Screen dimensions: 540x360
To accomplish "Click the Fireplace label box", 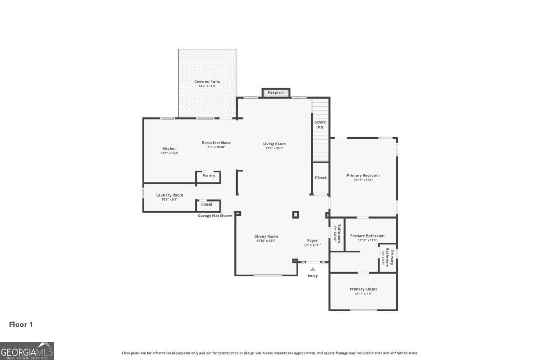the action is [x=276, y=93].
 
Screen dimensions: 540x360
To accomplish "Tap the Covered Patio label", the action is [x=207, y=81].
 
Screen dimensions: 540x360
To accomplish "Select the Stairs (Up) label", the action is [x=320, y=124].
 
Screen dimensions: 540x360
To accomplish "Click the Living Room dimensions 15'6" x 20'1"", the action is [x=274, y=148].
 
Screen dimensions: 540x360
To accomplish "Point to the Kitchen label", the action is [x=170, y=148].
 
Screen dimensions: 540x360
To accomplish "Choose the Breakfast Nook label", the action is [x=216, y=143].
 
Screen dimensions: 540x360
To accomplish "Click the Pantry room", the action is [x=208, y=177].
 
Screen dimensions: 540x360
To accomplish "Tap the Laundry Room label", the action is [x=170, y=195].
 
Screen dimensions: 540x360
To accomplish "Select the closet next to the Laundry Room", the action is [x=208, y=206].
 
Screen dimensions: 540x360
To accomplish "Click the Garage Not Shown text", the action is [x=215, y=216].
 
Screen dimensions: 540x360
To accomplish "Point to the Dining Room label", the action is [x=266, y=236].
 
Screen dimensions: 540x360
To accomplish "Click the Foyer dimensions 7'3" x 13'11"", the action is [x=312, y=245].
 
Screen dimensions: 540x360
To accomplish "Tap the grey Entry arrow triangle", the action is [x=313, y=270].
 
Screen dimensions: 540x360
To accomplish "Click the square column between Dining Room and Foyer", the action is [x=296, y=215].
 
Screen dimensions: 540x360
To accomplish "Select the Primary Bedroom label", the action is [x=363, y=175].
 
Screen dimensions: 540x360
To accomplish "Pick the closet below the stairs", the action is [x=320, y=179].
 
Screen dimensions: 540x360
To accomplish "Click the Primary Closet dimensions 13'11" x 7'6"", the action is [x=363, y=293].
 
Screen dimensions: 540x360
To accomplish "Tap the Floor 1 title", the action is [x=21, y=324].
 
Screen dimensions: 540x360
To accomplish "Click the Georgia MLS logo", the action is [x=27, y=351].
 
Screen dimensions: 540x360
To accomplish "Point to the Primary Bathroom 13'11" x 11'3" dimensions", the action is [x=367, y=240].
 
